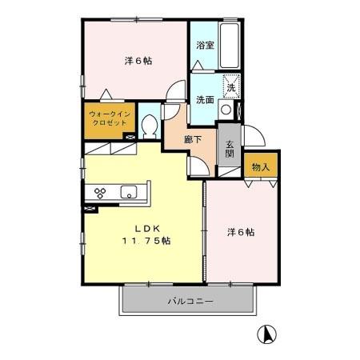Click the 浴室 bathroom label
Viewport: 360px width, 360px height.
pyautogui.click(x=205, y=46)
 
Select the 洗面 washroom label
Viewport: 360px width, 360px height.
pyautogui.click(x=205, y=99)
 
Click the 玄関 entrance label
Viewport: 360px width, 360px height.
pyautogui.click(x=229, y=149)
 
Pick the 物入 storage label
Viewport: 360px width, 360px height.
pyautogui.click(x=260, y=167)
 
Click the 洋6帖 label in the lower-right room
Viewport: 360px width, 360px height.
pyautogui.click(x=240, y=232)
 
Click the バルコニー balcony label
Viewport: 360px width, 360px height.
pyautogui.click(x=190, y=302)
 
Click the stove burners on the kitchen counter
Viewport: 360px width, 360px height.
pyautogui.click(x=101, y=192)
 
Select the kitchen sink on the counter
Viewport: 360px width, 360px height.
pyautogui.click(x=130, y=192)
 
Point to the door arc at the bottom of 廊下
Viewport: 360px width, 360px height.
pyautogui.click(x=196, y=165)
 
